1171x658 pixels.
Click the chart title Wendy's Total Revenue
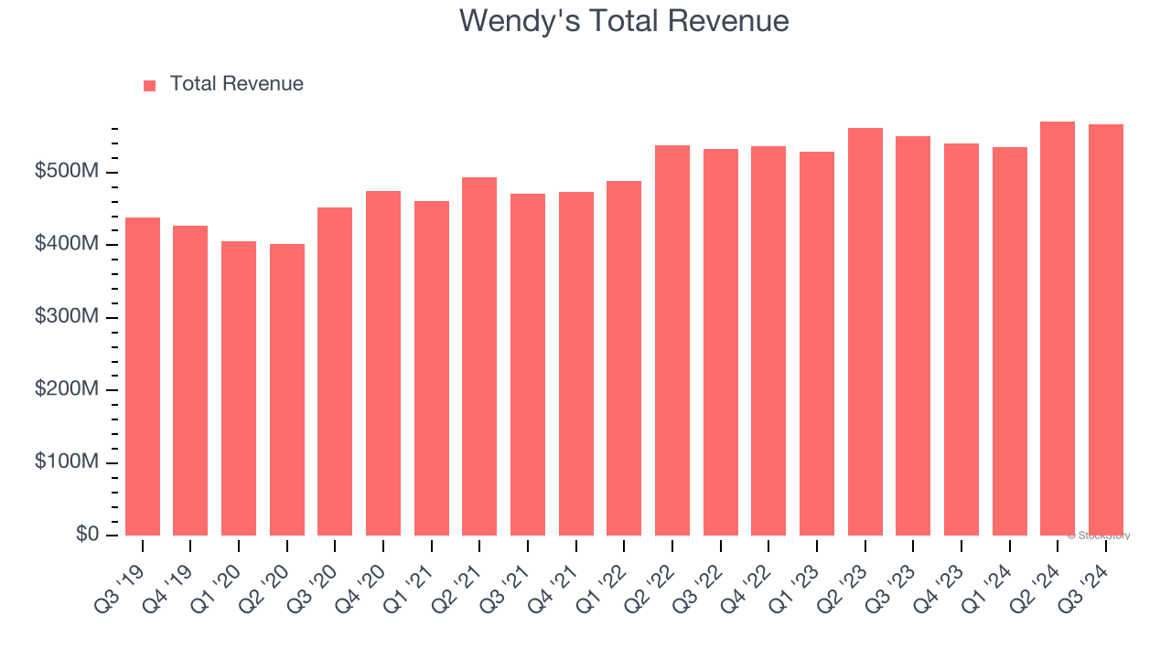point(624,20)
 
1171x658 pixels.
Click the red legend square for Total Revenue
point(150,85)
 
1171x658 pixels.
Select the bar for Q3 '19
point(143,377)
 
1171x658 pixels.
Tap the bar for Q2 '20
point(287,389)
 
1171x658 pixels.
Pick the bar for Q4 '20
point(383,363)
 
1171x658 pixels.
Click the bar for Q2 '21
point(479,356)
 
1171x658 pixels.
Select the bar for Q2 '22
point(672,340)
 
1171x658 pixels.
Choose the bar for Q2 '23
point(865,332)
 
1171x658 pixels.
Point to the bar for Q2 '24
point(1058,328)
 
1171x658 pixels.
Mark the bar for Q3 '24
point(1106,330)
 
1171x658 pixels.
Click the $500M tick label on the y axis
point(68,173)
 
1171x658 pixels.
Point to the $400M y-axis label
point(68,245)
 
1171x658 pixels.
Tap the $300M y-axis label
point(68,317)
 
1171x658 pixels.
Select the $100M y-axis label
point(68,462)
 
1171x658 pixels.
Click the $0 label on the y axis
point(87,535)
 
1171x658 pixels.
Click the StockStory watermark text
point(1099,536)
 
